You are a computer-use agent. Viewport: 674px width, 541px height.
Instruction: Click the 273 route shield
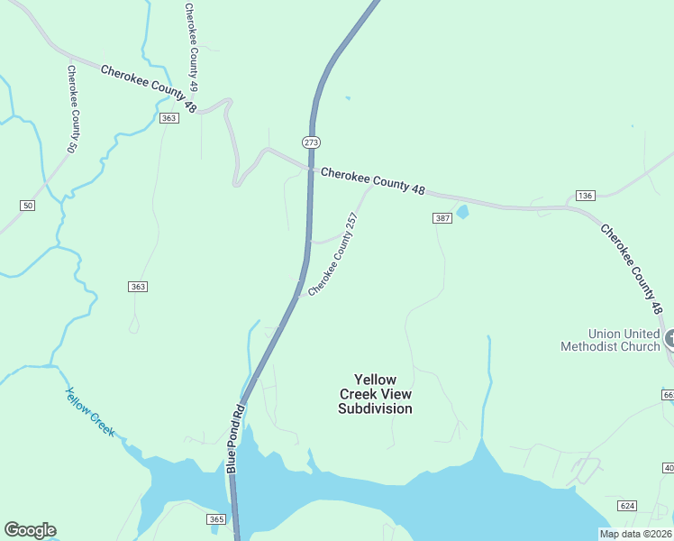click(x=311, y=142)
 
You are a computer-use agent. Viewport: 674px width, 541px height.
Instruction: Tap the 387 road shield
click(x=442, y=218)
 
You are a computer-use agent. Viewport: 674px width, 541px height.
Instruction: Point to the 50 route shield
click(x=28, y=206)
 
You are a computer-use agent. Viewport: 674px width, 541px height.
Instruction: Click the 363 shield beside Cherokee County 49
click(x=168, y=118)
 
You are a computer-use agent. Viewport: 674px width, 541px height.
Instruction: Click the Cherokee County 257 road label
click(x=333, y=254)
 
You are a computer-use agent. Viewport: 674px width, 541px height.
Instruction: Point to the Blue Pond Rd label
click(x=236, y=439)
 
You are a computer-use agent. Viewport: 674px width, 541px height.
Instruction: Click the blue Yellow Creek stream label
click(x=90, y=412)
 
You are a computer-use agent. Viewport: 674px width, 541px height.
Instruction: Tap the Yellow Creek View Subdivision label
click(x=376, y=394)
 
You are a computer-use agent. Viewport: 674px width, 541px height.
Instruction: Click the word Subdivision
click(x=376, y=408)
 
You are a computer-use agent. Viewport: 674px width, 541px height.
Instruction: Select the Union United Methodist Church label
click(x=610, y=340)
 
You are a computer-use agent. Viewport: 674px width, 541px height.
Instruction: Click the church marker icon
click(x=671, y=339)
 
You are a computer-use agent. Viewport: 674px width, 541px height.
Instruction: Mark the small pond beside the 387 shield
click(x=463, y=213)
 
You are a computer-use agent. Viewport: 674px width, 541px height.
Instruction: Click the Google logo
click(x=30, y=530)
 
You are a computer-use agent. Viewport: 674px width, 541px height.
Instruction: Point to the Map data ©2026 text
click(x=635, y=534)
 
